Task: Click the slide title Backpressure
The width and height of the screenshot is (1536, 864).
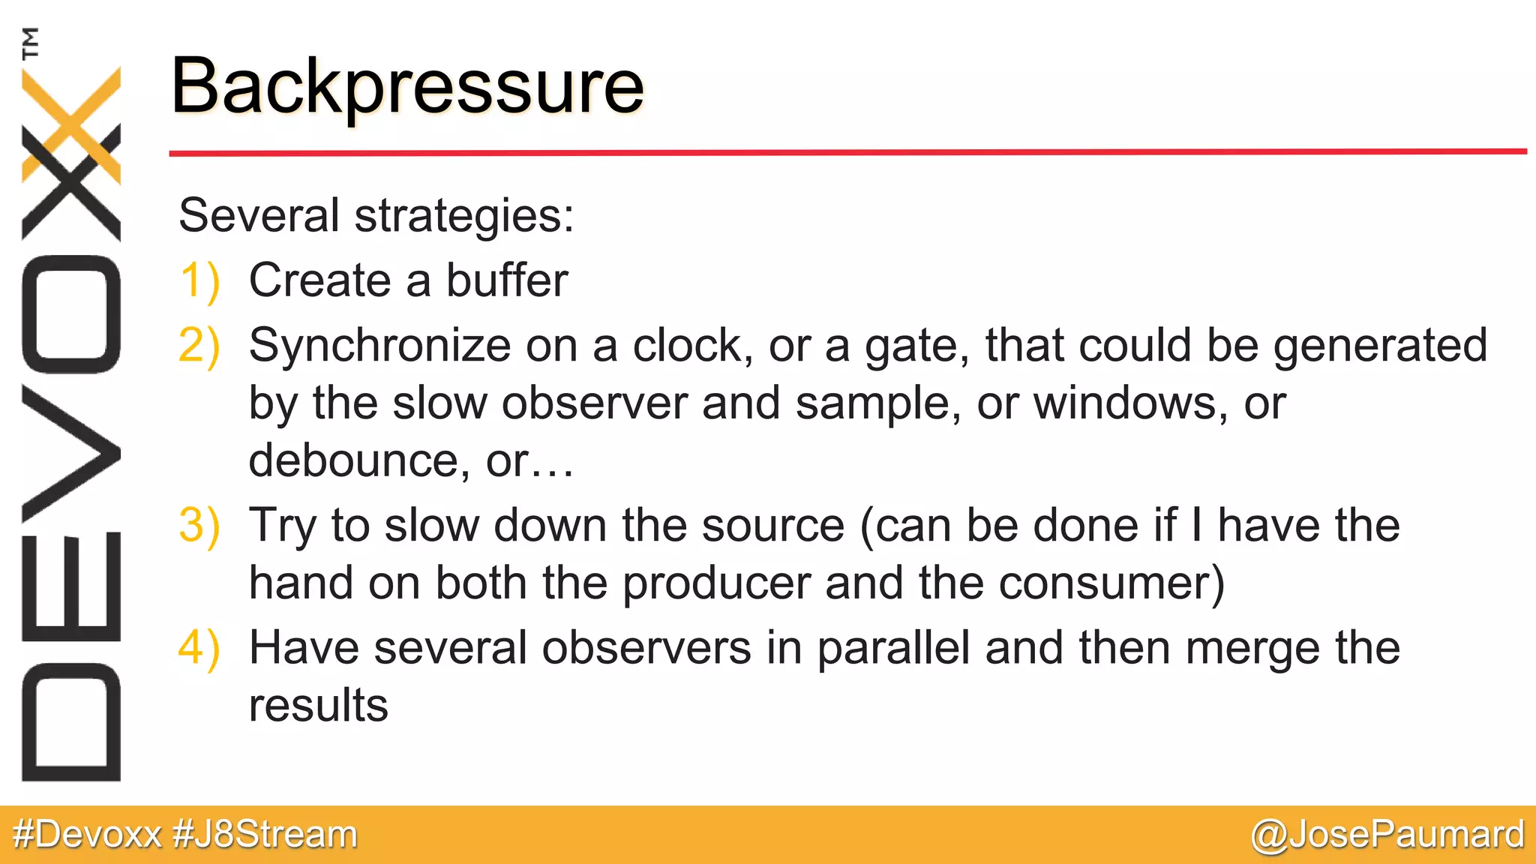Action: [407, 87]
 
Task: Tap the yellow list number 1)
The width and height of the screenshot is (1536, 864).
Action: [199, 281]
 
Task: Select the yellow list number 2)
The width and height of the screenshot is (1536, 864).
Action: [199, 346]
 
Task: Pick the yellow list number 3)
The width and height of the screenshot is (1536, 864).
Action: [199, 525]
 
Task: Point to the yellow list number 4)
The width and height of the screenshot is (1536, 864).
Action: [199, 648]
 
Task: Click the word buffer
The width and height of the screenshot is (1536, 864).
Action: [507, 280]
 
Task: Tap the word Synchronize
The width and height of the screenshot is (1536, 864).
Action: [380, 346]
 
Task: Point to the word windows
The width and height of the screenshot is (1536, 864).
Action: [1131, 403]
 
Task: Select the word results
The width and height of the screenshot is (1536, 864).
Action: [318, 706]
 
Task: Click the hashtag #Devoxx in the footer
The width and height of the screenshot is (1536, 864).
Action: [87, 835]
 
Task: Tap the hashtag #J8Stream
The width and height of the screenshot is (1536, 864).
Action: [265, 835]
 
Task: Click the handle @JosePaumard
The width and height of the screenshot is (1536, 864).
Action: [1387, 835]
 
